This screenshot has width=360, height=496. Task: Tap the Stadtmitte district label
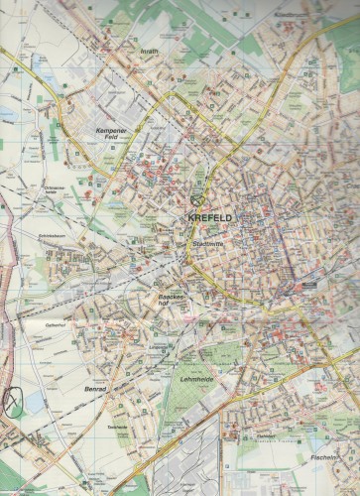click(206, 243)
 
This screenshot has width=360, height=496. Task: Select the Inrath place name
click(150, 52)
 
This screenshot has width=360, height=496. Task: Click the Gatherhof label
click(55, 323)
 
